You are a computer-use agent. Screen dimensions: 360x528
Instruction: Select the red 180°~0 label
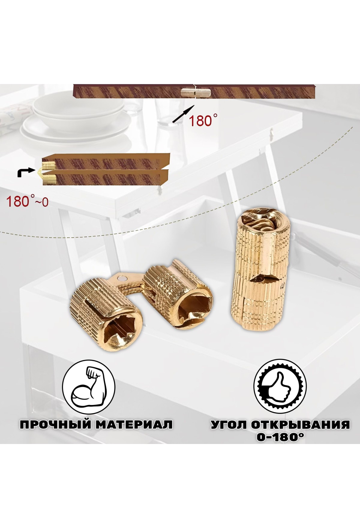tap(27, 202)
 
